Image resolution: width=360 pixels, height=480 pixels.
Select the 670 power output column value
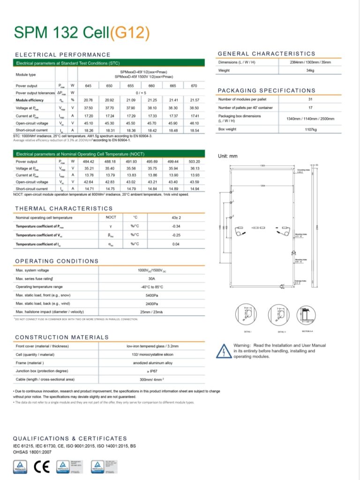point(195,86)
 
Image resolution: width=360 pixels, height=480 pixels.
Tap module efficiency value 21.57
point(195,100)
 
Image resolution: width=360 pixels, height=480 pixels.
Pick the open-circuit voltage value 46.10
point(195,123)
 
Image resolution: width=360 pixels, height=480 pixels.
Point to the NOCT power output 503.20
point(195,161)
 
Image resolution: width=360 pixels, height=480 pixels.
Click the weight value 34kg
point(310,70)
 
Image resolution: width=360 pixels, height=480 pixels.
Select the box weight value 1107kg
point(310,129)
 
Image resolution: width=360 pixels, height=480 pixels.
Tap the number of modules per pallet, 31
point(310,99)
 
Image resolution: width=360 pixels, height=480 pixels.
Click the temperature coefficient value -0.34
point(176,226)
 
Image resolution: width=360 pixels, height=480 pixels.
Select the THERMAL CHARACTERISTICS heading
point(64,208)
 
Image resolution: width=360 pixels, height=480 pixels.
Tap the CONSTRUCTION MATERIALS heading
point(62,337)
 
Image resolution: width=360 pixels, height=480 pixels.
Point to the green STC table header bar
point(109,62)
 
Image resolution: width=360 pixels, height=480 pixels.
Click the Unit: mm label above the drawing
point(228,156)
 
